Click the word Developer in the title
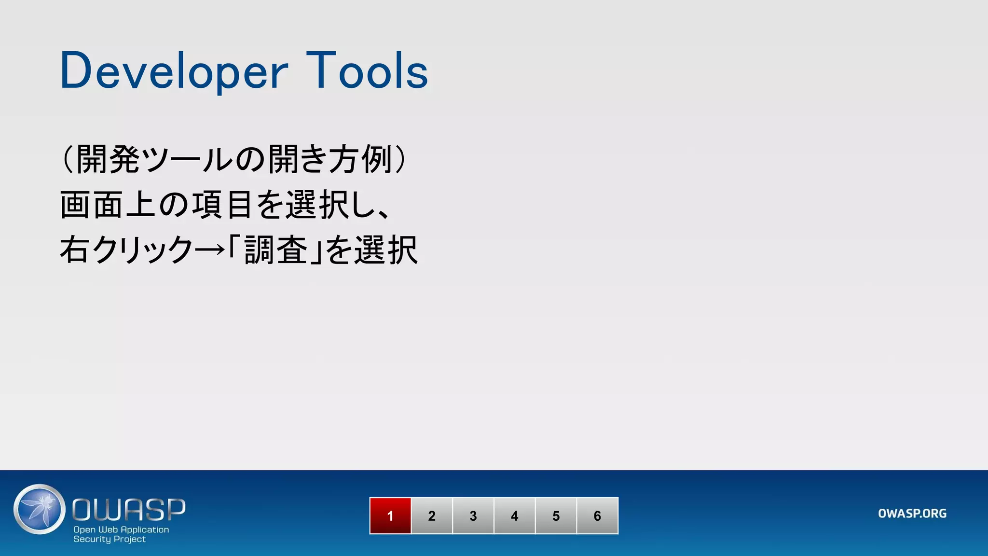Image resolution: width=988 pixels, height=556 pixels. (x=174, y=71)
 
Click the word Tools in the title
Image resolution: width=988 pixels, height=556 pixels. (x=367, y=71)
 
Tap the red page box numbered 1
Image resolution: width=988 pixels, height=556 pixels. (x=390, y=516)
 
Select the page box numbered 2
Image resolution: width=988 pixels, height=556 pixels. (x=432, y=516)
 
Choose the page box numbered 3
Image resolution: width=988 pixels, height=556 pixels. (x=473, y=516)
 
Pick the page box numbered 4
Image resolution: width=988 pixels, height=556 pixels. (x=515, y=516)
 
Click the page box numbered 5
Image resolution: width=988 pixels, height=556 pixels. (x=556, y=516)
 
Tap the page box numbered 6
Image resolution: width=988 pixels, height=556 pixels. (x=597, y=516)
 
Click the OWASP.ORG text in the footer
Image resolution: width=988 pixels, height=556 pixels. (x=912, y=514)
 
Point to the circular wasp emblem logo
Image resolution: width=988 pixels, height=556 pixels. (x=40, y=509)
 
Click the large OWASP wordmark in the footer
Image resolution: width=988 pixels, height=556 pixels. (x=129, y=510)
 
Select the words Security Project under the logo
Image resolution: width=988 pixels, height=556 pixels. (x=110, y=539)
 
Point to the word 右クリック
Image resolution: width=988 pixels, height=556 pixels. (x=126, y=250)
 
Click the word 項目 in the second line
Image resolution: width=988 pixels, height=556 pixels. (x=222, y=205)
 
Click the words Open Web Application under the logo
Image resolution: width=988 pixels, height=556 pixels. (x=121, y=529)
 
